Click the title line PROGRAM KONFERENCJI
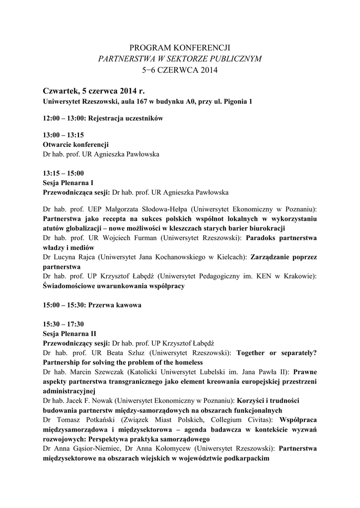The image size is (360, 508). (x=180, y=48)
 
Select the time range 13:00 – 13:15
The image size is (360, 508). (x=64, y=135)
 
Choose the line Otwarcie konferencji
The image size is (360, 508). (x=76, y=144)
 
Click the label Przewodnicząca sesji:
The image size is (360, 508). (x=76, y=192)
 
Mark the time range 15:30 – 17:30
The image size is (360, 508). (x=64, y=323)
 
